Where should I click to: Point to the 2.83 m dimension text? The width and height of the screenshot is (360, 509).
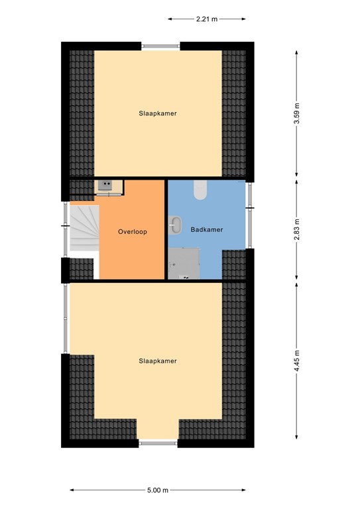tap(297, 229)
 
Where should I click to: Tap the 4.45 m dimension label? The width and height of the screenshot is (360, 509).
tap(297, 362)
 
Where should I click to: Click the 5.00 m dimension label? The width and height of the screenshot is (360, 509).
tap(157, 490)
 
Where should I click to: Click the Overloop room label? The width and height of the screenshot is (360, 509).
tap(132, 232)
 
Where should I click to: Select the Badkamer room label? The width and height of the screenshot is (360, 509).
tap(206, 230)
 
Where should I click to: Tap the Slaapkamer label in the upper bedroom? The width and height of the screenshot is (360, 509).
tap(157, 113)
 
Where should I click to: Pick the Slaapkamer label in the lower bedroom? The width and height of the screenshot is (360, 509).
tap(157, 361)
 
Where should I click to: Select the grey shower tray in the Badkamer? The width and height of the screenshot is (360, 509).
tap(184, 264)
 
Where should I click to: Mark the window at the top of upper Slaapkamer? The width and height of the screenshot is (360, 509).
tap(160, 46)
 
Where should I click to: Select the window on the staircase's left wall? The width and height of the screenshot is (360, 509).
tap(66, 227)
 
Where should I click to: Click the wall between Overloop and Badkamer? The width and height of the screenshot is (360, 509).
tap(166, 230)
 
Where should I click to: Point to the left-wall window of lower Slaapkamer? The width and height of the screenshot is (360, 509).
tap(65, 318)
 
